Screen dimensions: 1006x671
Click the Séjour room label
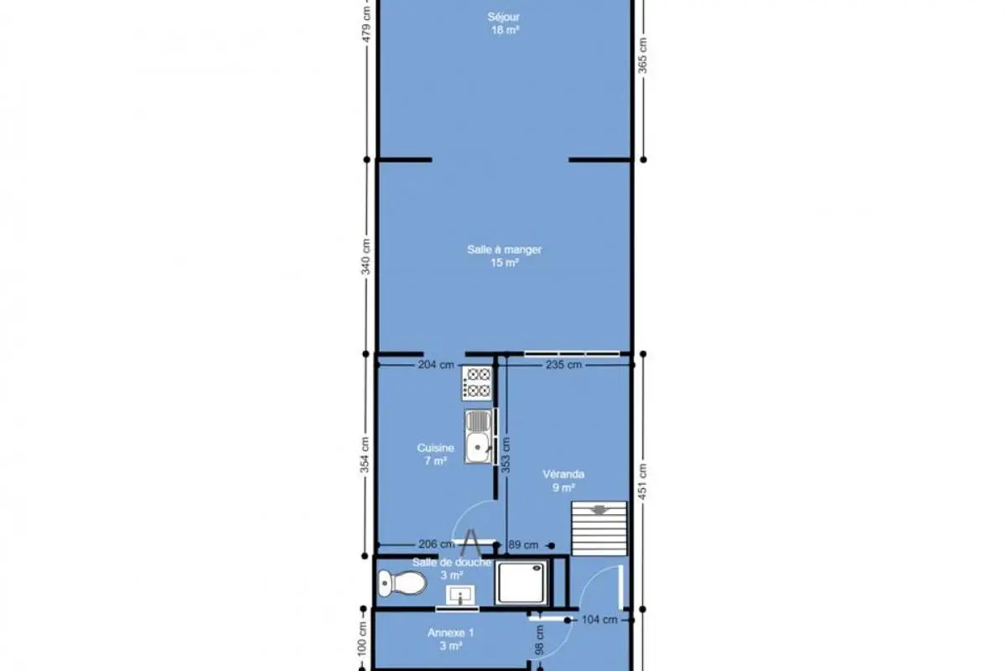tap(504, 17)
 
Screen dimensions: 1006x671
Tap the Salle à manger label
tap(505, 249)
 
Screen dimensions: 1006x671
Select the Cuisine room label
tap(435, 448)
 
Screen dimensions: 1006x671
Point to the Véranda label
tap(563, 474)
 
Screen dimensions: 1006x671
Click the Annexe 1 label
tap(450, 632)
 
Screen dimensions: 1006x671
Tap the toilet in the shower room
tap(402, 584)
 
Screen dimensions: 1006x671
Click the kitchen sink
tap(479, 436)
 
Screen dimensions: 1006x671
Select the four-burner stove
tap(477, 382)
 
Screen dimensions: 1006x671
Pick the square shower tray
tap(521, 582)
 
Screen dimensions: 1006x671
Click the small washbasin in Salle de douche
tap(460, 595)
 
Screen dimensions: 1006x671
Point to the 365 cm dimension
tap(643, 55)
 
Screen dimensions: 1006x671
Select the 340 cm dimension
tap(366, 257)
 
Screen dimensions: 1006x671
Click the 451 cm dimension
tap(643, 481)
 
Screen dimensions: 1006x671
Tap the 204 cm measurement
tap(436, 365)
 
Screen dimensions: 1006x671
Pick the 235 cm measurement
tap(563, 365)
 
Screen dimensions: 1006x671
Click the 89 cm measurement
tap(523, 545)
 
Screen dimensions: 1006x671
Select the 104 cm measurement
tap(599, 620)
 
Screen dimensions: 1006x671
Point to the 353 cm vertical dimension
tap(506, 455)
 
